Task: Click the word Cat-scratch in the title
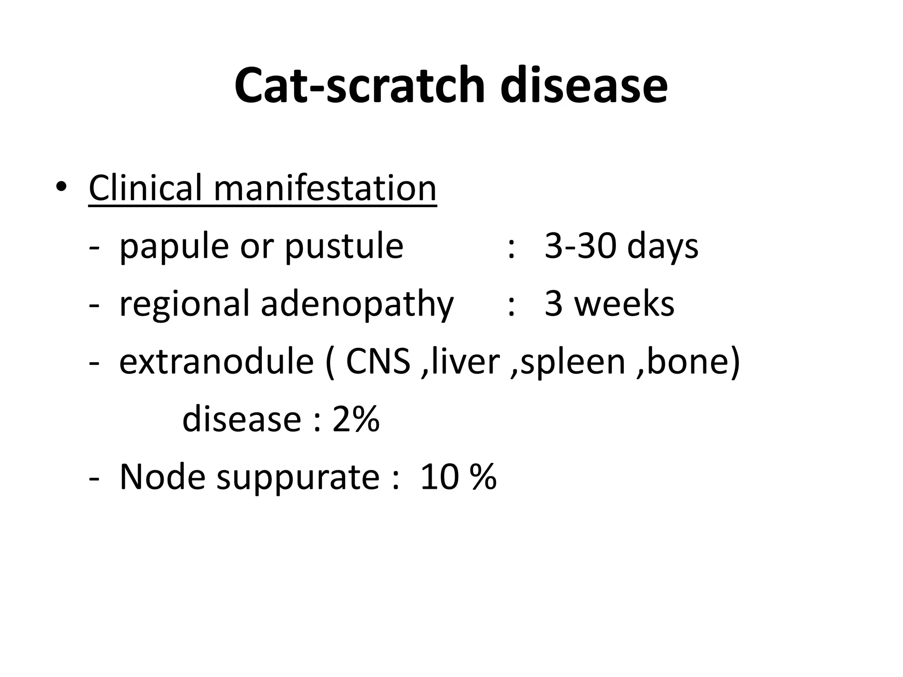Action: [x=359, y=86]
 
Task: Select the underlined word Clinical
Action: [x=145, y=188]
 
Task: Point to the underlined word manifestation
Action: [x=325, y=188]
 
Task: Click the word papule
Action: [x=175, y=247]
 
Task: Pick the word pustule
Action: [x=344, y=247]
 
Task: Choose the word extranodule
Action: [x=216, y=362]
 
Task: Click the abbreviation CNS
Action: [x=378, y=362]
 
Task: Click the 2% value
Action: [x=356, y=419]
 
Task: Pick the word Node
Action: [x=162, y=477]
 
